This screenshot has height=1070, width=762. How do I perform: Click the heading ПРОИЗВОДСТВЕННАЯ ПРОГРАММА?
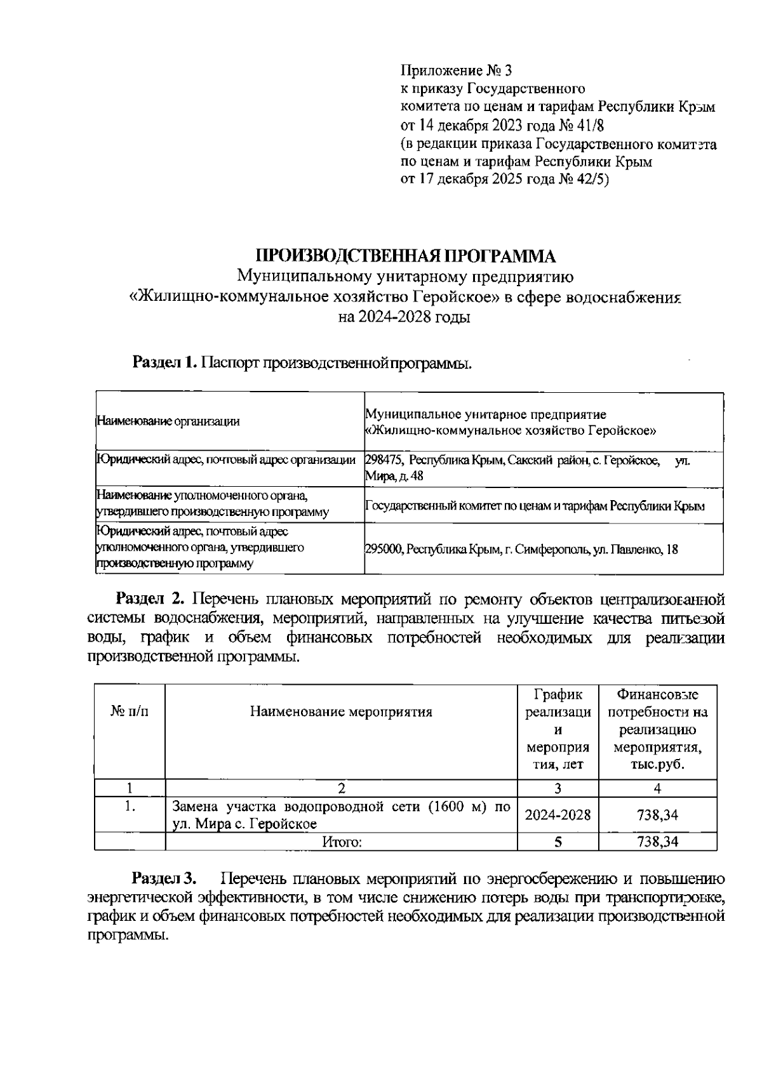pyautogui.click(x=406, y=256)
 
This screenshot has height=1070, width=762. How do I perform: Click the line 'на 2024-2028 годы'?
pyautogui.click(x=404, y=318)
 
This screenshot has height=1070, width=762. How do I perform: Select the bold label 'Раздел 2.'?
pyautogui.click(x=150, y=598)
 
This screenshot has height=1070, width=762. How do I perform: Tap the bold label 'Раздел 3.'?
pyautogui.click(x=164, y=879)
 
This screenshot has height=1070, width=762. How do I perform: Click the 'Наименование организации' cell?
pyautogui.click(x=168, y=421)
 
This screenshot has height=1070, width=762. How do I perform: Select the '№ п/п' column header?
pyautogui.click(x=130, y=711)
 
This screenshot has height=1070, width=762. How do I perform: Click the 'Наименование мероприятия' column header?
pyautogui.click(x=341, y=711)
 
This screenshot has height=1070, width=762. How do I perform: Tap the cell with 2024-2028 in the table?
pyautogui.click(x=558, y=816)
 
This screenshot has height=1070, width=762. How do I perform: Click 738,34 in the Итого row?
pyautogui.click(x=657, y=842)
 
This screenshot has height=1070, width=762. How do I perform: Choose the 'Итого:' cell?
pyautogui.click(x=342, y=842)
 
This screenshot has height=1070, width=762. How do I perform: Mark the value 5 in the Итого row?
pyautogui.click(x=558, y=842)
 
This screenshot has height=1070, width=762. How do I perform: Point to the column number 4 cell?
pyautogui.click(x=657, y=789)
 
